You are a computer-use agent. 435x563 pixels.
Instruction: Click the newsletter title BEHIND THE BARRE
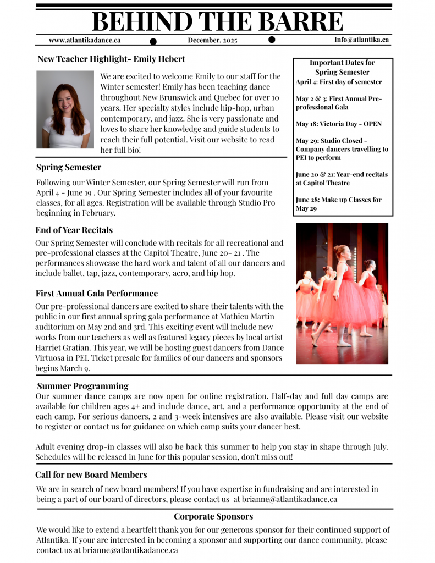[x=217, y=21]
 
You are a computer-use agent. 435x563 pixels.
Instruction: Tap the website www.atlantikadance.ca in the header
[x=85, y=40]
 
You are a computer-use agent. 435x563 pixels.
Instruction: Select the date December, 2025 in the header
[x=212, y=40]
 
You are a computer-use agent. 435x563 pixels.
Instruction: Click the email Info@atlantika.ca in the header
[x=361, y=40]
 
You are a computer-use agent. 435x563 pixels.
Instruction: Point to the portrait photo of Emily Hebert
[x=65, y=109]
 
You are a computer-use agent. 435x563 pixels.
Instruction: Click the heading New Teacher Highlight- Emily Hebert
[x=111, y=59]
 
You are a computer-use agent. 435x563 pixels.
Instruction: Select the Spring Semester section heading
[x=69, y=167]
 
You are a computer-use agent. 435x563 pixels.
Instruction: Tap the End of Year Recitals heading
[x=74, y=230]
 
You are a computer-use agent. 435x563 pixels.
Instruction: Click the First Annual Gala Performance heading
[x=97, y=293]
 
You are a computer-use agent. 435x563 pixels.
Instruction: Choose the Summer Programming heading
[x=82, y=386]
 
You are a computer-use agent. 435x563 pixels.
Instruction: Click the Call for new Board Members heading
[x=91, y=474]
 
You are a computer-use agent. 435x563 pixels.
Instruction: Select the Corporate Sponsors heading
[x=213, y=516]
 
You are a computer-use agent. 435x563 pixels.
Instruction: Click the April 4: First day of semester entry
[x=338, y=82]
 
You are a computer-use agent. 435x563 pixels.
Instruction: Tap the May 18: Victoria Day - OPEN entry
[x=338, y=124]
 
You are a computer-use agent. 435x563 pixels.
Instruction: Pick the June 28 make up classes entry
[x=338, y=204]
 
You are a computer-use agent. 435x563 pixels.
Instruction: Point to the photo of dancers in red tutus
[x=342, y=293]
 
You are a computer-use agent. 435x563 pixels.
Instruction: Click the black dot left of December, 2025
[x=153, y=41]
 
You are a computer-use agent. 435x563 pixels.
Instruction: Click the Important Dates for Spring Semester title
[x=342, y=67]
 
